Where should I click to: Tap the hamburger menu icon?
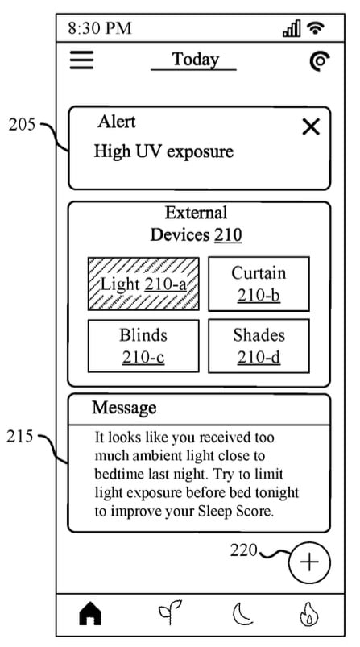pos(81,60)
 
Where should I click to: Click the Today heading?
pos(195,60)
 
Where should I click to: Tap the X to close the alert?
pos(311,127)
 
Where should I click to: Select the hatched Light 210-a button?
pos(143,284)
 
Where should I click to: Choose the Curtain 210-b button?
pos(259,284)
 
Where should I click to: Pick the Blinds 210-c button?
pos(143,346)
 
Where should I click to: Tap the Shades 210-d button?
pos(259,346)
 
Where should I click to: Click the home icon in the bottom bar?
pos(90,614)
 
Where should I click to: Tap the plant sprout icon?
pos(169,612)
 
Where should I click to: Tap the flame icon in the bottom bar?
pos(308,615)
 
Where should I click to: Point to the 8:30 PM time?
pos(100,28)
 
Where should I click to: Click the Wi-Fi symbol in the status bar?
pos(316,28)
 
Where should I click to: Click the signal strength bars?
pos(292,28)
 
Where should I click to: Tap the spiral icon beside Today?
pos(320,61)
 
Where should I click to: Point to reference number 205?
pos(23,125)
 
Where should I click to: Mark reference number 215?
pos(19,436)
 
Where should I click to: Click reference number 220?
pos(243,550)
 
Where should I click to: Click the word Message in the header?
pos(124,408)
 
